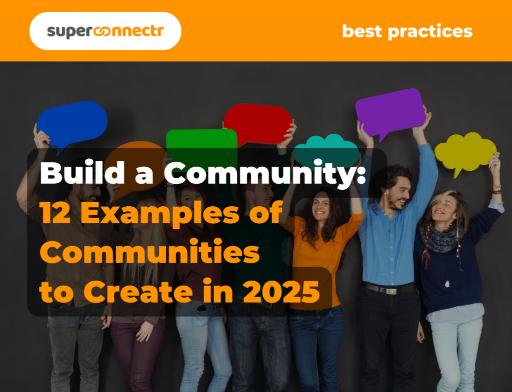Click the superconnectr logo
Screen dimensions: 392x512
[105, 31]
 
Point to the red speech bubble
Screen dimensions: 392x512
[257, 123]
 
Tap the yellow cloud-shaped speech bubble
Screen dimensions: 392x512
[465, 150]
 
